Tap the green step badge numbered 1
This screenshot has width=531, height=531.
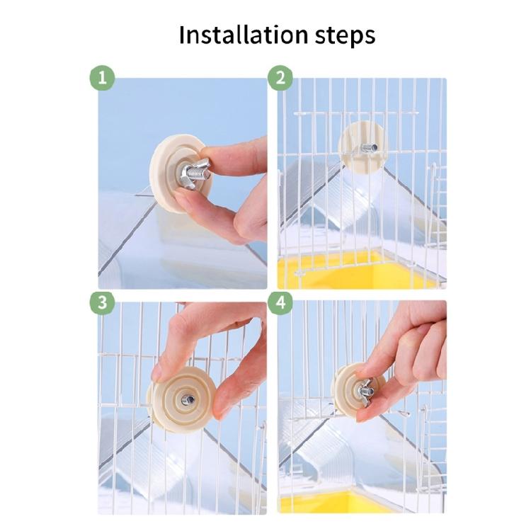point(102,78)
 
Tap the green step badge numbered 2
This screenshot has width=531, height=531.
point(280,78)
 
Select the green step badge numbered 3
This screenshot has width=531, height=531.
point(102,302)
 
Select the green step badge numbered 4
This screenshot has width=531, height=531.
point(280,302)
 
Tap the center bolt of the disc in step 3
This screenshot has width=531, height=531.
point(187,400)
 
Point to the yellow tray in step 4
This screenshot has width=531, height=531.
point(333,503)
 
